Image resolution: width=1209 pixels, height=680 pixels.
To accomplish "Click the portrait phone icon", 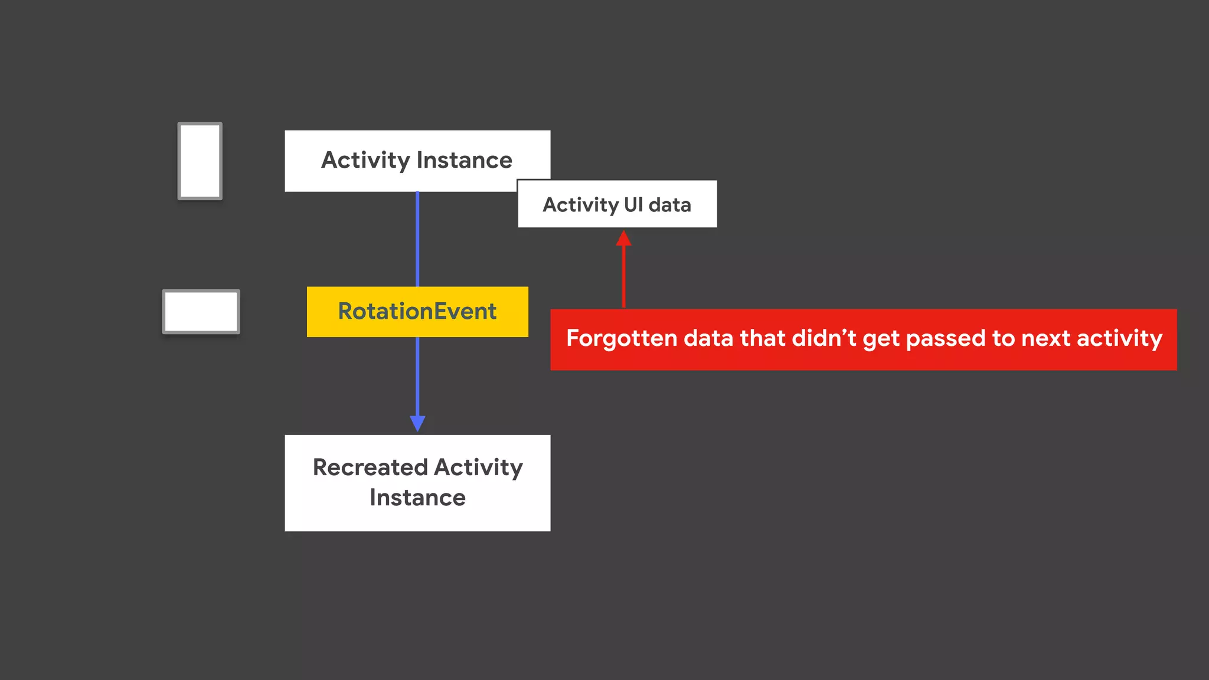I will (x=200, y=161).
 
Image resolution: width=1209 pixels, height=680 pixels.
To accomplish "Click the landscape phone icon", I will (x=201, y=312).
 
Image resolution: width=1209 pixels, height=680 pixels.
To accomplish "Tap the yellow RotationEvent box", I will (x=417, y=312).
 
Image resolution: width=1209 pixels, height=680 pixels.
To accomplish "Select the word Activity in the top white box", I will (x=365, y=161).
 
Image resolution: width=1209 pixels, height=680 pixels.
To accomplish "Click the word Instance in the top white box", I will (x=465, y=161).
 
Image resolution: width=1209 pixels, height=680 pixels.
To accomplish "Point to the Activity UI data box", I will (x=617, y=204).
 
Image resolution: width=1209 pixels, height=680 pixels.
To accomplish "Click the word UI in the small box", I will (x=633, y=204).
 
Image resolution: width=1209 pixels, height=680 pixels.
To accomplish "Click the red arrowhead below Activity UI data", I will (x=623, y=238).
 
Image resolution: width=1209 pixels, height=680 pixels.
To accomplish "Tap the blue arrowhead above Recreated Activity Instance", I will (x=417, y=423).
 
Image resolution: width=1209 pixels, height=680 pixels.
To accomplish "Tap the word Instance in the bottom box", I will (x=417, y=498).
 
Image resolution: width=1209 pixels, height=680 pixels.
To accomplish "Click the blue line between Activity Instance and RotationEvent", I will (x=417, y=239).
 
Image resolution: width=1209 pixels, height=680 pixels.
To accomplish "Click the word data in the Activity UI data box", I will (x=669, y=204).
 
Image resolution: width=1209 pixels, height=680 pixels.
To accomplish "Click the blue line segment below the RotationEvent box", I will (x=417, y=375).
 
